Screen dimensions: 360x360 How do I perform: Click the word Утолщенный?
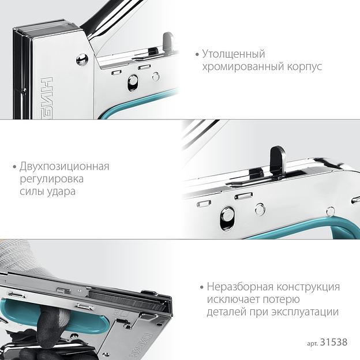point(234,54)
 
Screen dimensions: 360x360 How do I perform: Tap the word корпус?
point(304,67)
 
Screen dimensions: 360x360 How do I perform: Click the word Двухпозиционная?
point(64,167)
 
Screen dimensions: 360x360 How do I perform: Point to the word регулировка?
point(52,179)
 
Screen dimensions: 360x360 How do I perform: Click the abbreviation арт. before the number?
point(312,343)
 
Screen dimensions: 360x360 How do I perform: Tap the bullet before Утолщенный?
point(197,55)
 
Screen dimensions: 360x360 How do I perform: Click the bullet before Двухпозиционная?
point(14,167)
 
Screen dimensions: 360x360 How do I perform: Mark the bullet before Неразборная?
point(202,287)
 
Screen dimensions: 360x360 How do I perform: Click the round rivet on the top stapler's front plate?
point(82,59)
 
